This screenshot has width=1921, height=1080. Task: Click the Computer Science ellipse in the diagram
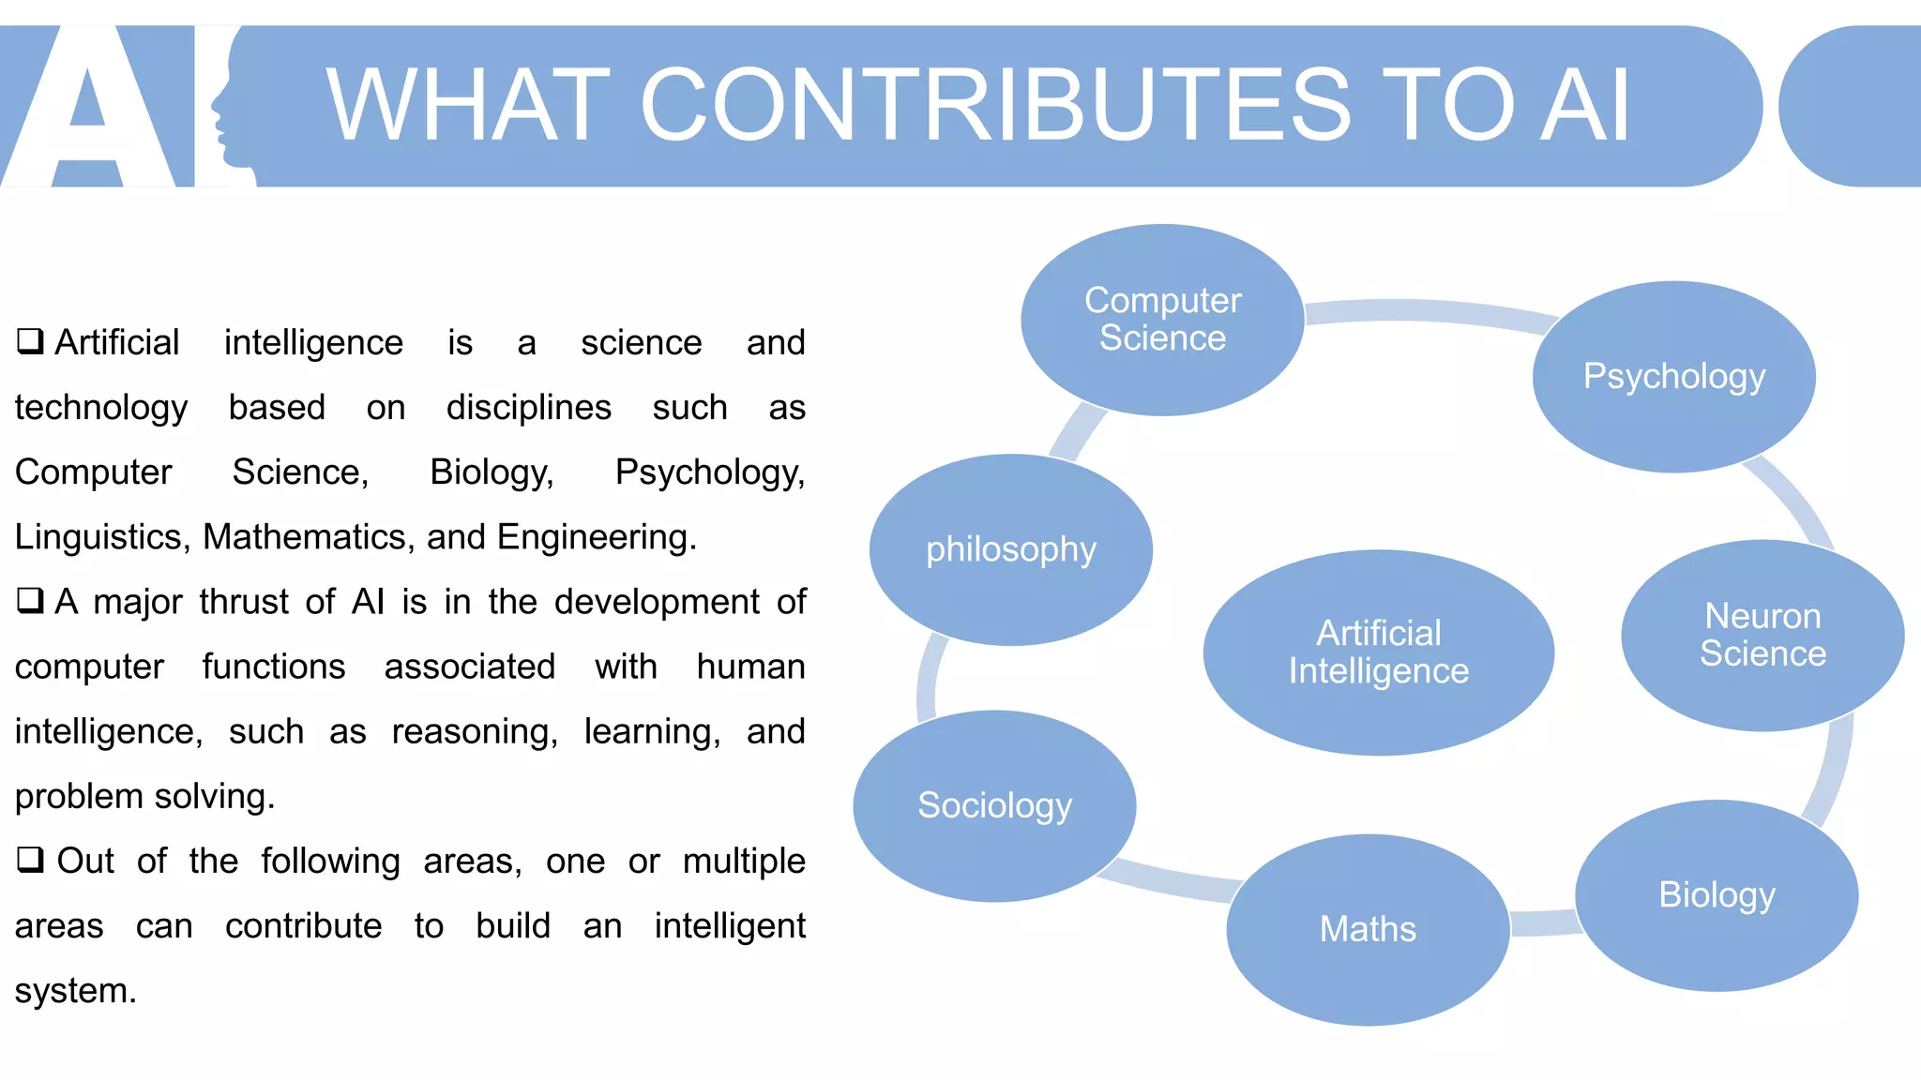(1162, 320)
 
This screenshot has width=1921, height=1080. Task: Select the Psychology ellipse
(1674, 377)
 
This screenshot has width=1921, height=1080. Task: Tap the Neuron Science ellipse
(1762, 635)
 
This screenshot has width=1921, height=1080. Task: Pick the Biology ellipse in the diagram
(1717, 895)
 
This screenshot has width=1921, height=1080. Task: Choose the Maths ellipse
(1368, 929)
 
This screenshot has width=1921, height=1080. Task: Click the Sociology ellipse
(994, 805)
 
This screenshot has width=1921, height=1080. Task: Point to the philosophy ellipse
(1011, 549)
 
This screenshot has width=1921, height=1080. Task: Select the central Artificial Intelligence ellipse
(1378, 652)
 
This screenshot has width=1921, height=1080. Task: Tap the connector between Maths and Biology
(1543, 923)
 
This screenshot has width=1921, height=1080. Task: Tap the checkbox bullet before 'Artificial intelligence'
(30, 340)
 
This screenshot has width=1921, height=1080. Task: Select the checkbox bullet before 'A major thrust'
(30, 600)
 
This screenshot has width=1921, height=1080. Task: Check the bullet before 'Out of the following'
(30, 859)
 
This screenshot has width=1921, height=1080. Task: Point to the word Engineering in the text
(596, 537)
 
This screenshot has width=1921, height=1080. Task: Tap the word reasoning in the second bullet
(475, 731)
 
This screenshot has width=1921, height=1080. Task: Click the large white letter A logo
(89, 108)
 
